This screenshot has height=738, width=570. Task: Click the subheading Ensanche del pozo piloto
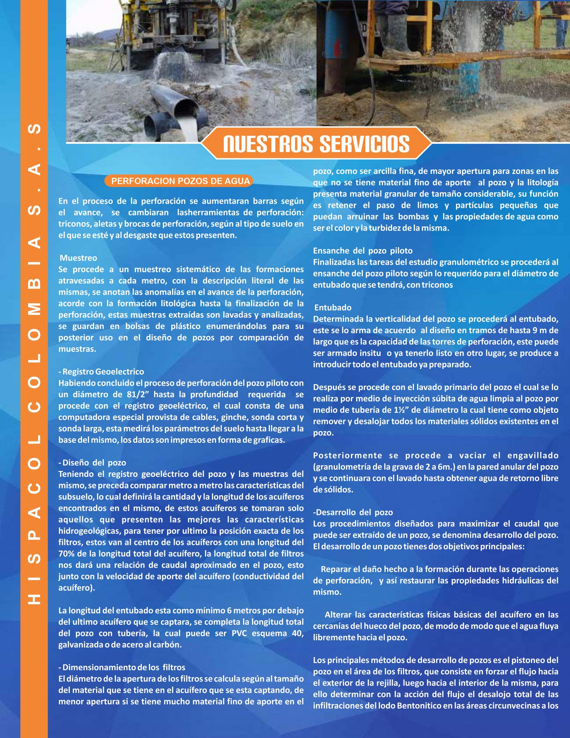[x=363, y=251]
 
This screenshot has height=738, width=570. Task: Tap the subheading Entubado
[x=333, y=308]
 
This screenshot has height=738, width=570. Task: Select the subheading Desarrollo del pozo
[x=353, y=512]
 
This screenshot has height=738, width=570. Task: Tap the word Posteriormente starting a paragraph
[x=348, y=455]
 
